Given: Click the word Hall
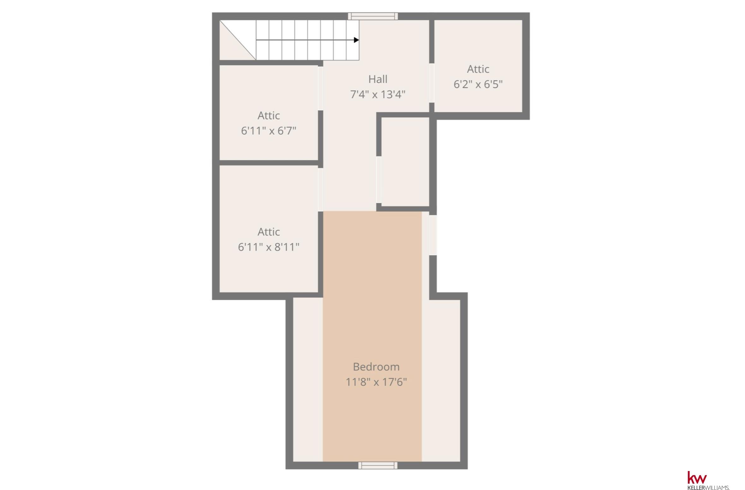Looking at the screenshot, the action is click(378, 79).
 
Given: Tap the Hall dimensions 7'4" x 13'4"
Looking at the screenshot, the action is click(378, 94).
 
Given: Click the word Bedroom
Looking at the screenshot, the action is click(376, 367).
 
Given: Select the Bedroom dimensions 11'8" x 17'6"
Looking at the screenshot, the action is click(376, 382).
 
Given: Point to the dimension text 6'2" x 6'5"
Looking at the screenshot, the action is click(478, 84).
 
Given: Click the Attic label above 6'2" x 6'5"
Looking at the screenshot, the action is click(478, 69).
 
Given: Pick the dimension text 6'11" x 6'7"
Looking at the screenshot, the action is click(269, 131).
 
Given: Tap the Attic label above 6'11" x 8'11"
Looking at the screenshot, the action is click(269, 232).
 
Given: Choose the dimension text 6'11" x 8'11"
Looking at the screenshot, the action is click(269, 247).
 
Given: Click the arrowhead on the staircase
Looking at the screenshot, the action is click(356, 40).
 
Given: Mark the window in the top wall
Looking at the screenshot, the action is click(373, 16).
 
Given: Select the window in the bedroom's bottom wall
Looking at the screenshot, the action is click(378, 465).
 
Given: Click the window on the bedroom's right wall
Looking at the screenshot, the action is click(433, 235).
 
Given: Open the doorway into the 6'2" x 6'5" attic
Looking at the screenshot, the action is click(432, 83).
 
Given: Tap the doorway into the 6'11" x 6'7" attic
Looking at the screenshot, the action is click(320, 88).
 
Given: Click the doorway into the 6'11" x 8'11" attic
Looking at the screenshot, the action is click(320, 190).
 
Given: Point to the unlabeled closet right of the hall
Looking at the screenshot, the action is click(405, 162).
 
